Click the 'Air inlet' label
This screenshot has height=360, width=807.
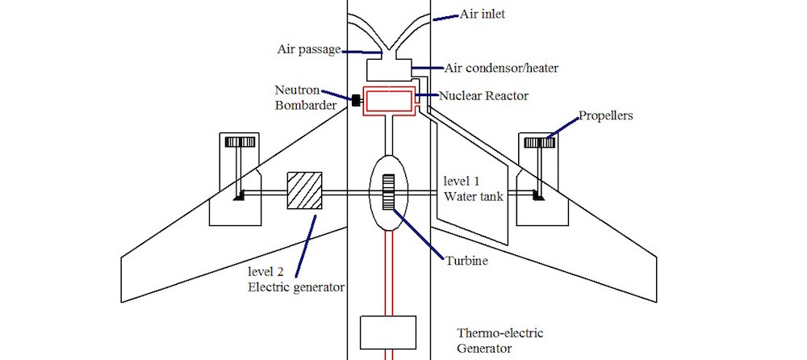(483, 15)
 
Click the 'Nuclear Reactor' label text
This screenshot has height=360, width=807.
(483, 96)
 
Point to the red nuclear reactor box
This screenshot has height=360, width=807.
(390, 101)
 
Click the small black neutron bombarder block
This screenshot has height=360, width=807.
(354, 101)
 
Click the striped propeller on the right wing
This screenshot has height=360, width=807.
(540, 143)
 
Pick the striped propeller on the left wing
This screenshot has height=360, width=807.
(240, 143)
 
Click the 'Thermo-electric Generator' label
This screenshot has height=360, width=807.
(485, 341)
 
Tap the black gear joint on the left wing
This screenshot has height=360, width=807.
(240, 195)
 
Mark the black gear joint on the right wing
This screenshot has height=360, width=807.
(538, 195)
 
